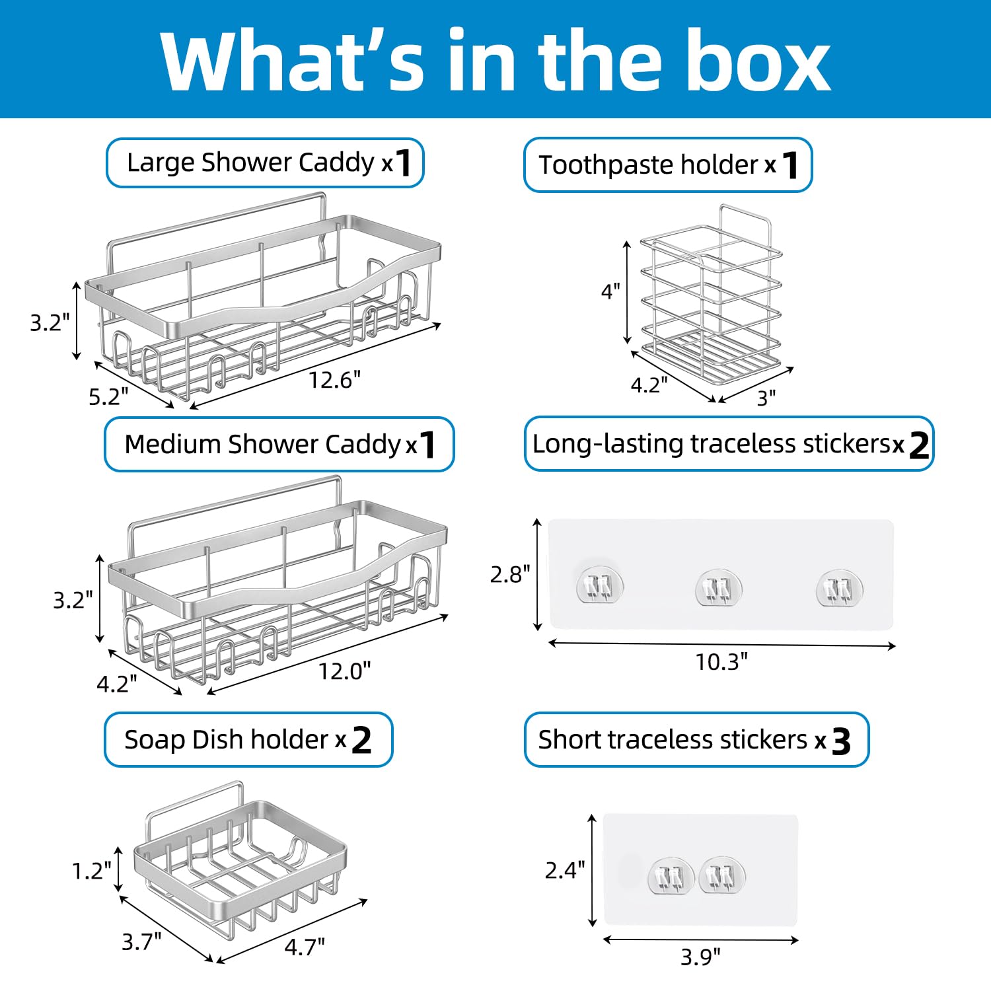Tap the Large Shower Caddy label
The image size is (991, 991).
pos(264,163)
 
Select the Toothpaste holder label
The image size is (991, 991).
pos(667,165)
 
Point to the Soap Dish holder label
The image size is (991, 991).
pos(248,739)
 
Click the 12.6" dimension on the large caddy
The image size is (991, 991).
pos(335,380)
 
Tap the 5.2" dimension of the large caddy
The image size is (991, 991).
pos(108,396)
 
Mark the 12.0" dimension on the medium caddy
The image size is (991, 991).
pos(344,671)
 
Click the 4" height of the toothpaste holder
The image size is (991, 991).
pos(610,291)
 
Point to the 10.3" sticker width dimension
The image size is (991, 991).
pos(721,661)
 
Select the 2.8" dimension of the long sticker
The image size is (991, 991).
pos(510,574)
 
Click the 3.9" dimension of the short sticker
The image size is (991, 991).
pos(700,956)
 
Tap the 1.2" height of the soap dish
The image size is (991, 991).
pos(92,871)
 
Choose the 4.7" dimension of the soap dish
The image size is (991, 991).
pos(305,947)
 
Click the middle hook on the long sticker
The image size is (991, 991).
pos(719,587)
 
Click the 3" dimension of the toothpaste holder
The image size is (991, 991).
pos(766,398)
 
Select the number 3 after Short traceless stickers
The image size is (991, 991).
pos(841,741)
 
